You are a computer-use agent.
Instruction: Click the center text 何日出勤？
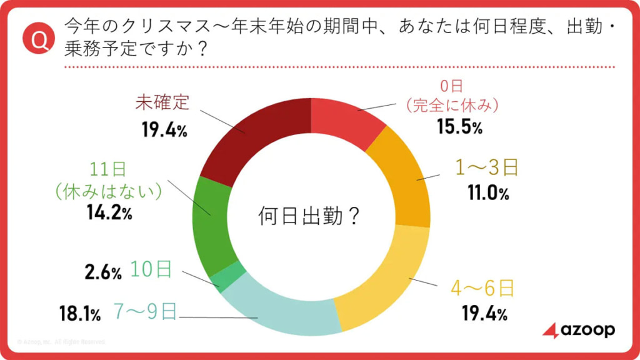[x=309, y=216]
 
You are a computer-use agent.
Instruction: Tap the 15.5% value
[x=459, y=127]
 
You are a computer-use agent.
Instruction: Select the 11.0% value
[x=488, y=194]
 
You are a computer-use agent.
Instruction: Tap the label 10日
[x=151, y=269]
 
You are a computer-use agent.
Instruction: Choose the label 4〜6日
[x=482, y=288]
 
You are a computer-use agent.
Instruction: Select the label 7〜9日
[x=144, y=311]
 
